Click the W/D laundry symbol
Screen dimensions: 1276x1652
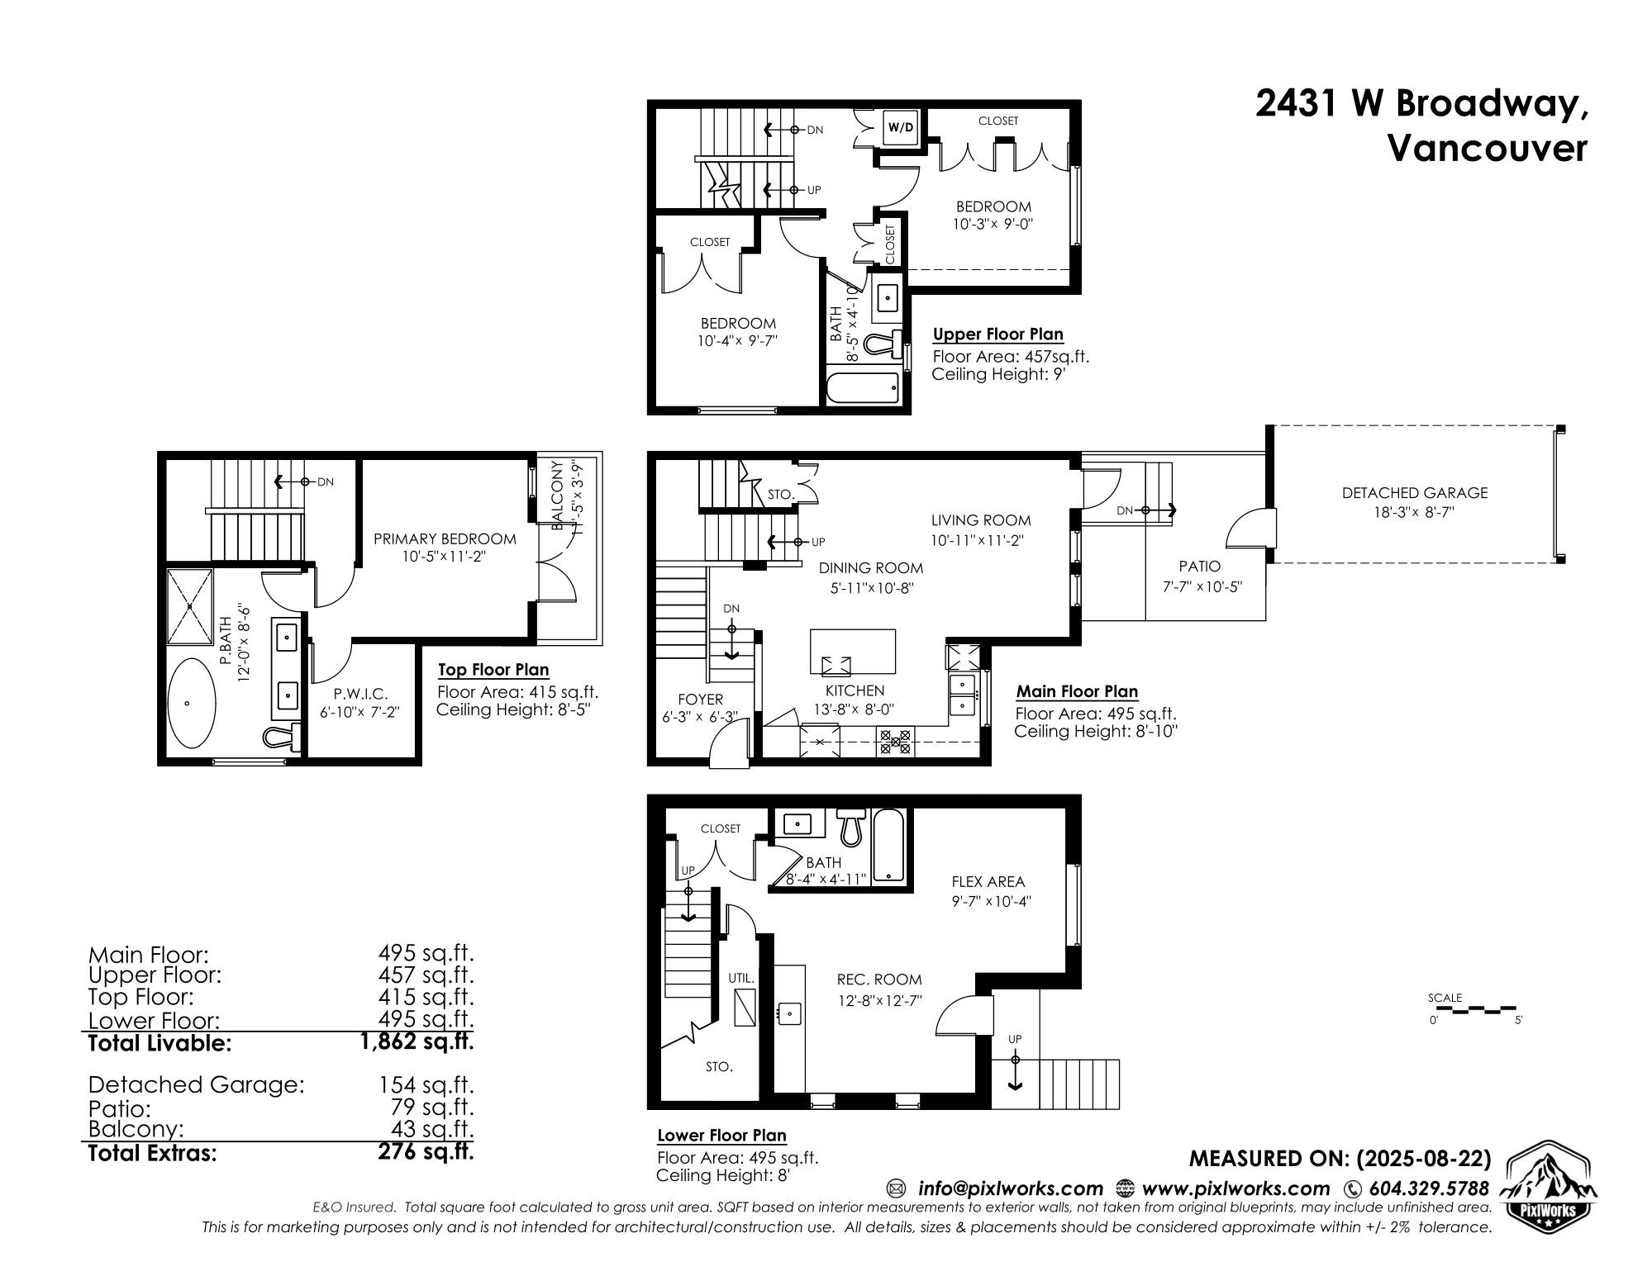pyautogui.click(x=901, y=127)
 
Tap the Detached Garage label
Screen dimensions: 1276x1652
pyautogui.click(x=1414, y=493)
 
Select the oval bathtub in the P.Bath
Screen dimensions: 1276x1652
pyautogui.click(x=192, y=704)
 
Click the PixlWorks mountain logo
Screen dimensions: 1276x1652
pyautogui.click(x=1547, y=1184)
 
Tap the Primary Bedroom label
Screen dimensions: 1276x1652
pyautogui.click(x=445, y=538)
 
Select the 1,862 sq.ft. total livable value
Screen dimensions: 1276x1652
pyautogui.click(x=417, y=1042)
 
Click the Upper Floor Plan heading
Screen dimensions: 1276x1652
pyautogui.click(x=997, y=334)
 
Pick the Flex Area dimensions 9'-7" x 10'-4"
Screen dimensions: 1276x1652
pyautogui.click(x=991, y=901)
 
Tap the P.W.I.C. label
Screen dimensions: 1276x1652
pyautogui.click(x=360, y=695)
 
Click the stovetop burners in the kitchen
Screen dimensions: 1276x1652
pyautogui.click(x=895, y=741)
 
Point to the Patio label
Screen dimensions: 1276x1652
pyautogui.click(x=1199, y=567)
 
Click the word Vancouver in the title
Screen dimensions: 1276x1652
pyautogui.click(x=1486, y=149)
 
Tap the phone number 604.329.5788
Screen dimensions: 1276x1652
pyautogui.click(x=1428, y=1188)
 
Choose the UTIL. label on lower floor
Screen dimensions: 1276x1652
pyautogui.click(x=740, y=978)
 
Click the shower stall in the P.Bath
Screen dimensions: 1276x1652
pyautogui.click(x=190, y=606)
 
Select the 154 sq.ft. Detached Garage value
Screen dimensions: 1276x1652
pyautogui.click(x=426, y=1084)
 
